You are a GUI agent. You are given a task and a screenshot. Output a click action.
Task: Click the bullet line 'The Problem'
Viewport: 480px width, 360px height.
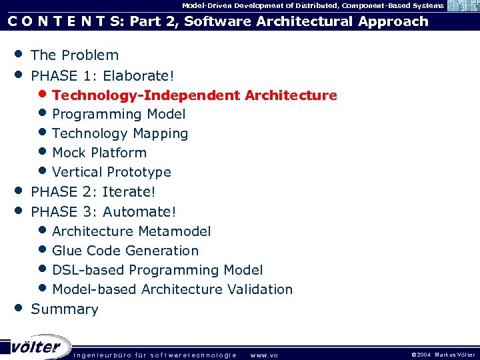pos(75,55)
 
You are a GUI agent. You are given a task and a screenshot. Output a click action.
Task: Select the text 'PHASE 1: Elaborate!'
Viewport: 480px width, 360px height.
pos(103,75)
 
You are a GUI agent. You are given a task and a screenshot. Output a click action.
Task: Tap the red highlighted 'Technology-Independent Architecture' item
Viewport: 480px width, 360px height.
pos(194,95)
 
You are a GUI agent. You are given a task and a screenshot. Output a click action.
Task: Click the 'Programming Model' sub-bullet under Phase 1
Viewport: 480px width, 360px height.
pos(119,115)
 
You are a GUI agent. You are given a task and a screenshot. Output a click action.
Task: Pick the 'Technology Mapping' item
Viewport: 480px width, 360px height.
pos(120,134)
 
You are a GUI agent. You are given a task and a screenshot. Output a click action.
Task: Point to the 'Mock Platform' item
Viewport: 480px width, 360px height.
pos(99,153)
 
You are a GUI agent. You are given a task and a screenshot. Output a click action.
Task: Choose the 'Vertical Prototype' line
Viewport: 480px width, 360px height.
pos(111,172)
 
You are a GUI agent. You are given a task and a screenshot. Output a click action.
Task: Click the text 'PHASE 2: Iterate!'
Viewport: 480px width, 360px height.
pos(93,192)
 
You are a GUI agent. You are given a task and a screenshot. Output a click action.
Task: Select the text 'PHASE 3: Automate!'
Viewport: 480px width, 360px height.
pos(104,212)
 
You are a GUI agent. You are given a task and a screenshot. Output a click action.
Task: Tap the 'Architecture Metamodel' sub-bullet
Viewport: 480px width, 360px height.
pos(131,231)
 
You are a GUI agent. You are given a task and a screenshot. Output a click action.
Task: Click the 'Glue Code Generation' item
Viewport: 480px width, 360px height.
pos(125,251)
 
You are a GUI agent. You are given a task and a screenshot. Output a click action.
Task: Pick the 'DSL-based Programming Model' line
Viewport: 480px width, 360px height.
pos(157,270)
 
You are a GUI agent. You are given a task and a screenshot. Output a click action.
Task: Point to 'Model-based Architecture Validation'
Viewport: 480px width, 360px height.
pos(172,289)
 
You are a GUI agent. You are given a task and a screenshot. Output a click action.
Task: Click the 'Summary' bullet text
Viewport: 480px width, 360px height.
pos(65,309)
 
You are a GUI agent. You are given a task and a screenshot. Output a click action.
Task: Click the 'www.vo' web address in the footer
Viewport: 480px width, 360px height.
pos(264,355)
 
